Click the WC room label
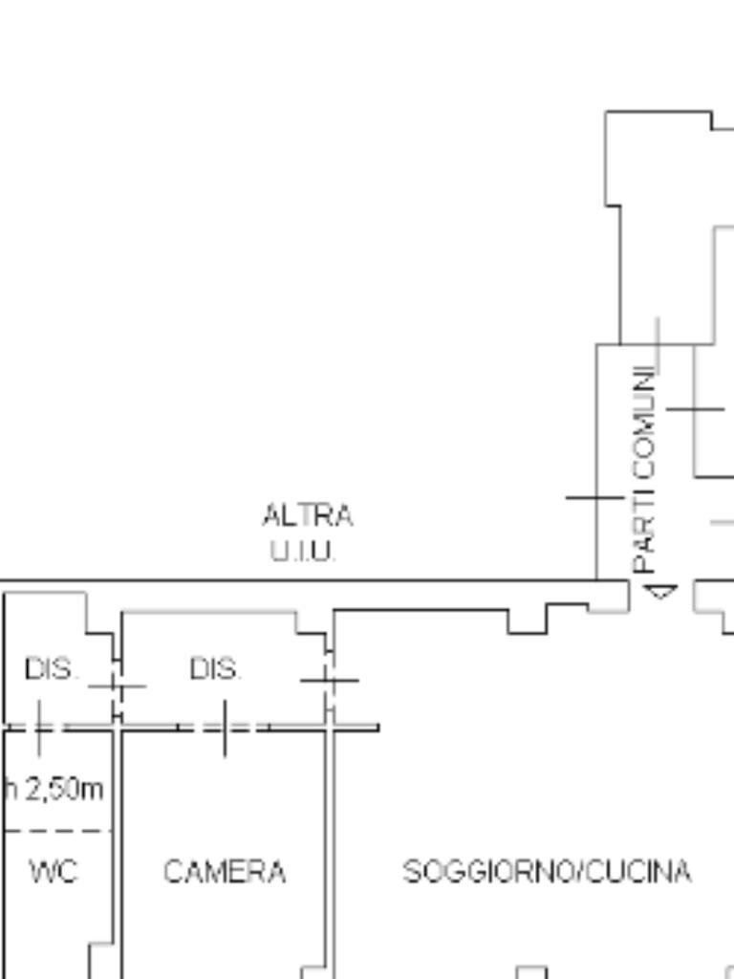pos(54,871)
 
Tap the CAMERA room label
pos(225,871)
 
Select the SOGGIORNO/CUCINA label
pos(548,871)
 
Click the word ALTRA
pos(307,515)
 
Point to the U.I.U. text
pos(303,551)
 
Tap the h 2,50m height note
pos(54,789)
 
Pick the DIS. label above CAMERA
pos(215,669)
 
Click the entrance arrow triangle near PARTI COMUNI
pos(661,591)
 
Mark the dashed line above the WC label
pos(57,831)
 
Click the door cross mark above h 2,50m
pos(39,728)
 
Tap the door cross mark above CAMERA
pos(225,728)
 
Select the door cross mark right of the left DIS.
pos(118,686)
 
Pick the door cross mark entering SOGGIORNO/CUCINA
pos(330,680)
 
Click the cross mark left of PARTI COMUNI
pos(595,497)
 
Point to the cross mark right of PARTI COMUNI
pos(695,409)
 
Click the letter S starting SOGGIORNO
pos(411,871)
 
